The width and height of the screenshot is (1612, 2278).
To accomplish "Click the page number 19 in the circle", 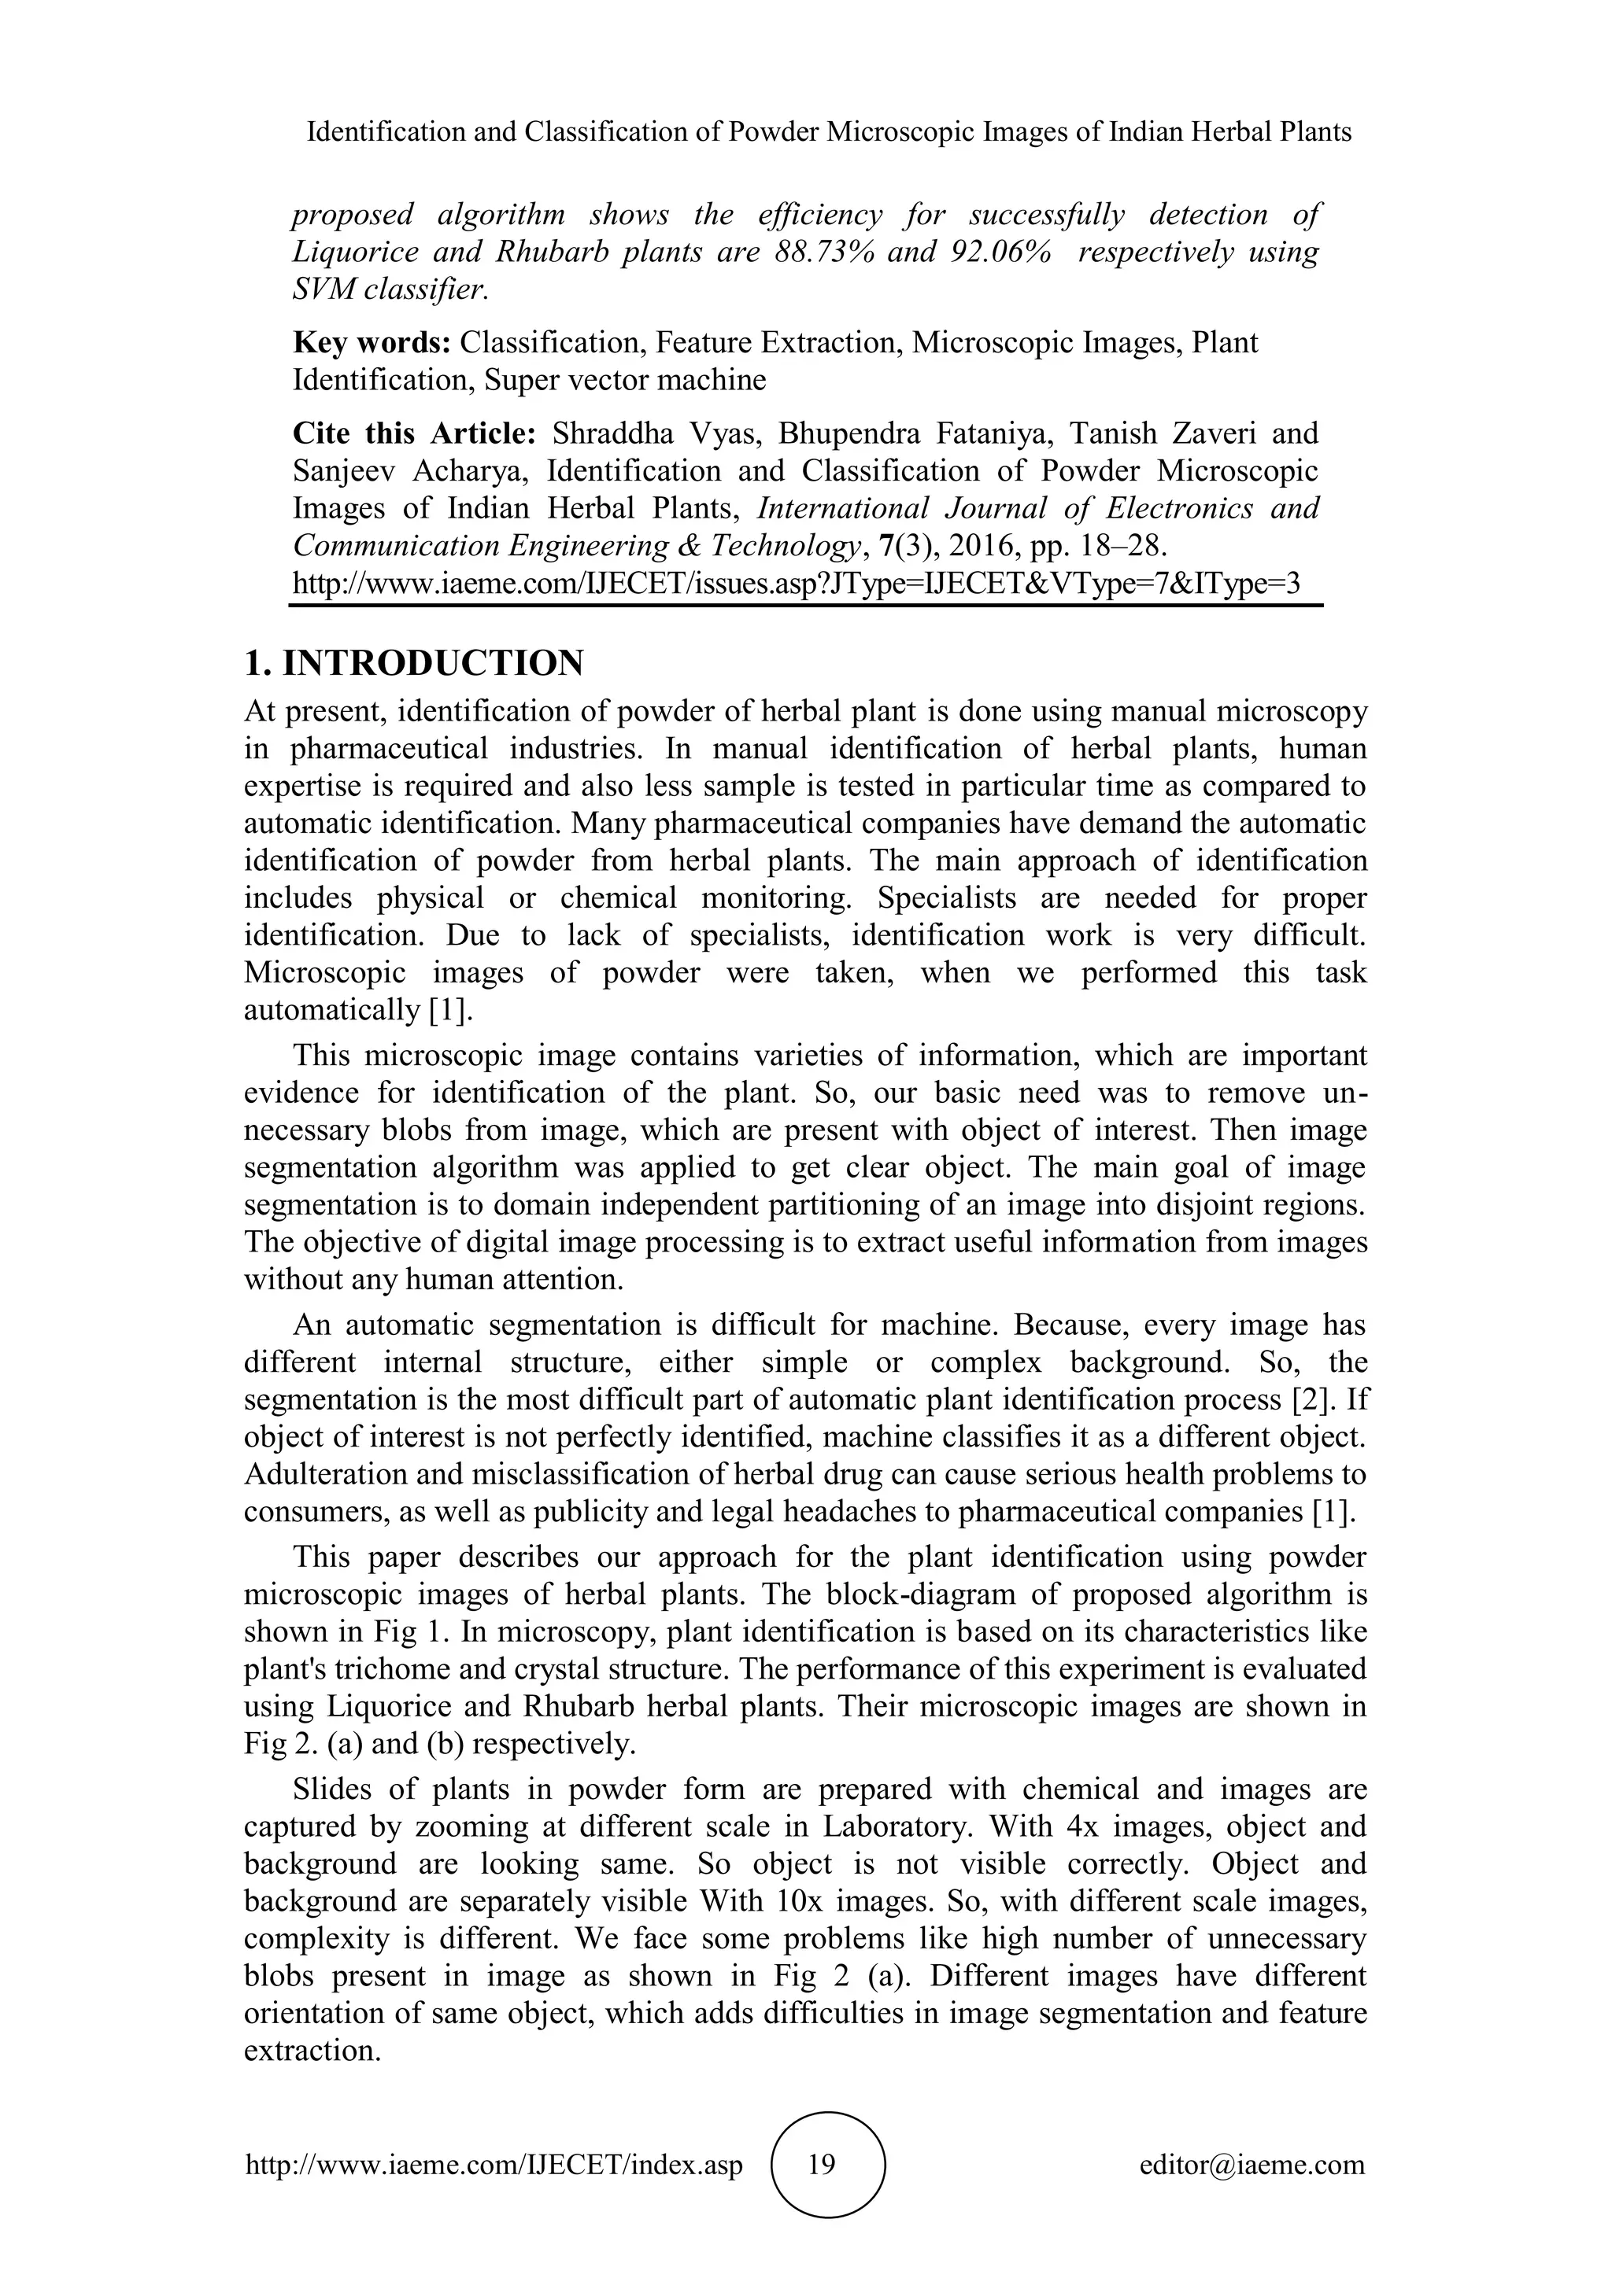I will (x=822, y=2164).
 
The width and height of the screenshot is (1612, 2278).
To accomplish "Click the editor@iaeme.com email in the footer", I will (x=1252, y=2164).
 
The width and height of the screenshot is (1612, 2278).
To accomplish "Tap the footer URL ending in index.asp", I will (x=494, y=2164).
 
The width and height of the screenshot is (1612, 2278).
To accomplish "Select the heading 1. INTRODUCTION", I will (x=414, y=663).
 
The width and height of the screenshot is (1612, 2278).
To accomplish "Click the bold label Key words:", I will (x=372, y=342).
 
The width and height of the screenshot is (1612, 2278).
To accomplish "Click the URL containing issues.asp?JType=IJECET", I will (x=795, y=582).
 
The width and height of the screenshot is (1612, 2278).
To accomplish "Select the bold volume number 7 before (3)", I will (x=886, y=546).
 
